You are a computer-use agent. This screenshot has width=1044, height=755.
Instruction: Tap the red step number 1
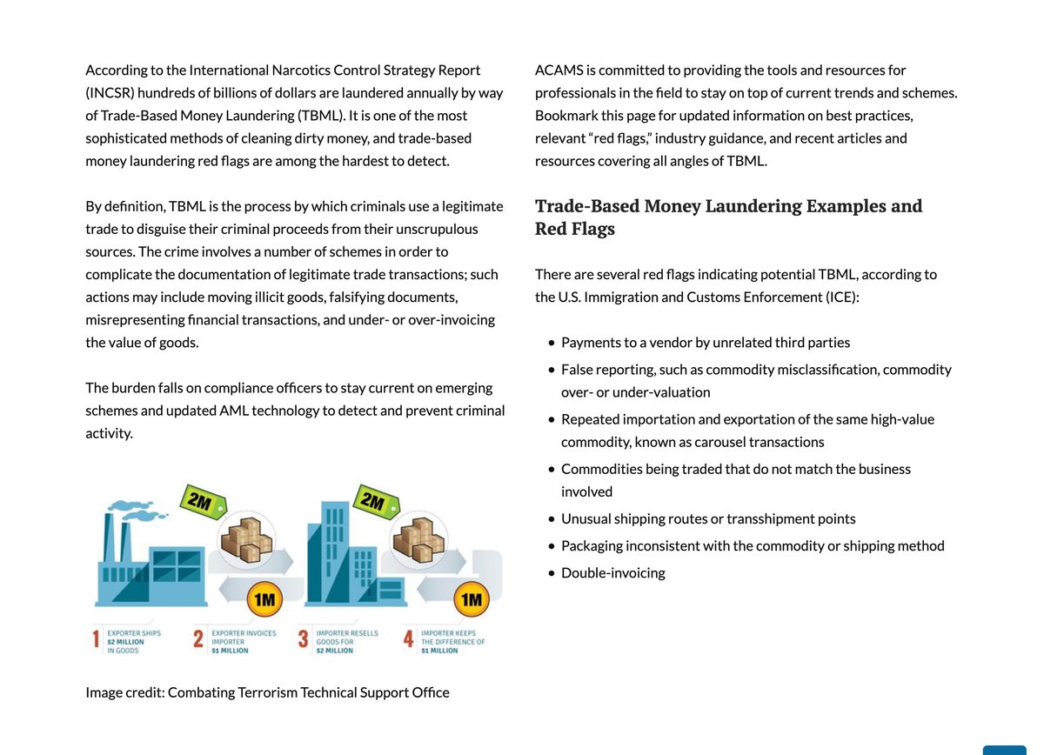click(x=96, y=641)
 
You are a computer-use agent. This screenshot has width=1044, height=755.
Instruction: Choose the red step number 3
click(x=304, y=641)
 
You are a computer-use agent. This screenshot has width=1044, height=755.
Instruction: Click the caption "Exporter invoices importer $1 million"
click(x=243, y=641)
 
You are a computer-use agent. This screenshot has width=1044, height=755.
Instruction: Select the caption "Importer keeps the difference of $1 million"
click(x=452, y=641)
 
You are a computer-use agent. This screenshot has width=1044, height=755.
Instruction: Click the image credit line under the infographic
click(x=267, y=692)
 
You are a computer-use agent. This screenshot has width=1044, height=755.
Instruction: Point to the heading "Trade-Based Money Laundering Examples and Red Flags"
click(x=728, y=217)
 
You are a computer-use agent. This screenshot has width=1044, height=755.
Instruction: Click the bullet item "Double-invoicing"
click(x=612, y=572)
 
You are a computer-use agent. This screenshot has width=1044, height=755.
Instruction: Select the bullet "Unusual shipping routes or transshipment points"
click(x=708, y=518)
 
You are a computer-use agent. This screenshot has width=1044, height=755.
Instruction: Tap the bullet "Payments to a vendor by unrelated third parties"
click(x=706, y=342)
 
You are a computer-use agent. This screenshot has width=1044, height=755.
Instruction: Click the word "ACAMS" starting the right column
click(x=559, y=70)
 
